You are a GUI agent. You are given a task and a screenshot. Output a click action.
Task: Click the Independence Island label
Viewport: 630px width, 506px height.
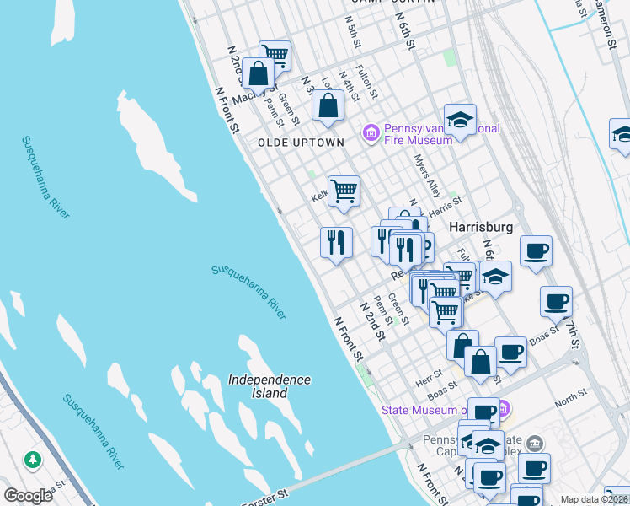click(x=270, y=386)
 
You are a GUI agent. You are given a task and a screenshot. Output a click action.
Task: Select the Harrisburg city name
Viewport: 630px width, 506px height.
click(x=481, y=228)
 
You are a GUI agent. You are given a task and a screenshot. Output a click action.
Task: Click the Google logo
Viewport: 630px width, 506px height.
click(x=28, y=496)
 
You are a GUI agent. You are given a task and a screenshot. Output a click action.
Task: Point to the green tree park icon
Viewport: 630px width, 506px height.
click(x=33, y=460)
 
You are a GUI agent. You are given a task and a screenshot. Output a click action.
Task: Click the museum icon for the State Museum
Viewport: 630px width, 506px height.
click(x=505, y=411)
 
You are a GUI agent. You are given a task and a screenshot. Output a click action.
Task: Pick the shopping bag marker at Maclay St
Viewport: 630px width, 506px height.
click(x=259, y=74)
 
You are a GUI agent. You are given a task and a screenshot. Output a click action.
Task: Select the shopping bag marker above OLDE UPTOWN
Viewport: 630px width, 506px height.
click(x=328, y=106)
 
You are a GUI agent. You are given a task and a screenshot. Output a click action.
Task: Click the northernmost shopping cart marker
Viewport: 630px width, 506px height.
click(x=275, y=56)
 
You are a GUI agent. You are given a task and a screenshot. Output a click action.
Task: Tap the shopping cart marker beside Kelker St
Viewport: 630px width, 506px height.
click(x=344, y=192)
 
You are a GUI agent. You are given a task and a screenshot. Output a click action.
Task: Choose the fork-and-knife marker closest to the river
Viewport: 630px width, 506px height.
click(x=336, y=243)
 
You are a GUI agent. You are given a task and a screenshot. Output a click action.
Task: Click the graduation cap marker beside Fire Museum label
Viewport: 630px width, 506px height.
click(x=460, y=121)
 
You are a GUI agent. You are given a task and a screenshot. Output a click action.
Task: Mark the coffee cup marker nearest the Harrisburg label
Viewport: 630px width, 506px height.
click(x=536, y=251)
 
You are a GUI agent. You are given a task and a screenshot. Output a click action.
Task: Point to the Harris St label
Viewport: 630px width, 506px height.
click(x=446, y=205)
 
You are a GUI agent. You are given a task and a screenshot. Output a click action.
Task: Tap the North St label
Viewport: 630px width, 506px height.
click(x=570, y=394)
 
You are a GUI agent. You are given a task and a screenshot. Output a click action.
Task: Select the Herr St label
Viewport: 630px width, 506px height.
click(x=429, y=374)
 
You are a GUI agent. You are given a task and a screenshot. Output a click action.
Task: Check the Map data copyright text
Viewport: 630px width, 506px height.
click(x=593, y=499)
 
